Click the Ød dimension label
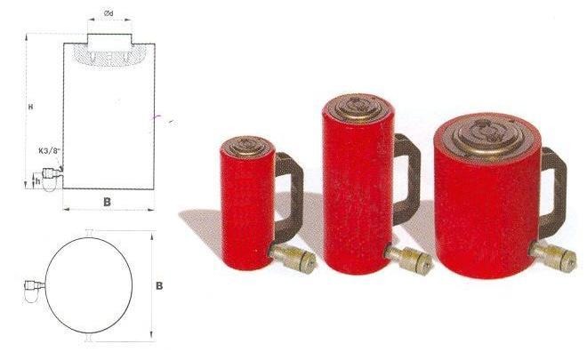tap(109, 13)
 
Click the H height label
tap(31, 107)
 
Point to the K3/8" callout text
tap(49, 152)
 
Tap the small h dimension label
tap(37, 181)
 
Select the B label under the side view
tap(107, 202)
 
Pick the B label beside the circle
tap(159, 286)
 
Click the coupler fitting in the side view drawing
tap(52, 179)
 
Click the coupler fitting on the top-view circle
tap(35, 291)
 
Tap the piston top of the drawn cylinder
tap(109, 39)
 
